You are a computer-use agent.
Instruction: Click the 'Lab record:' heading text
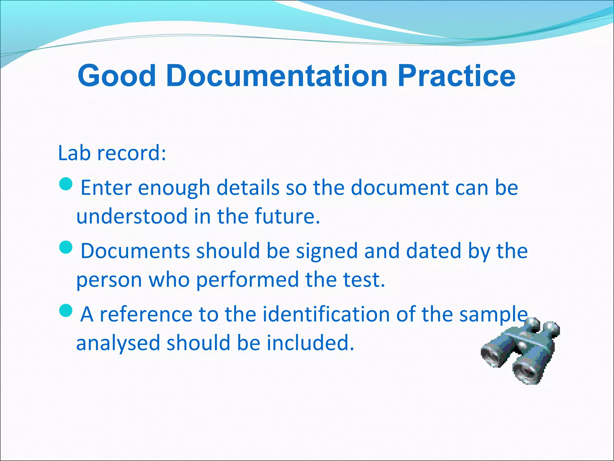112,153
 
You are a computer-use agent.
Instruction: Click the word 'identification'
326,314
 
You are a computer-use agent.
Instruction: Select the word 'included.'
311,343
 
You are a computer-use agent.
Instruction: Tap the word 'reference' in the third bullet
146,314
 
